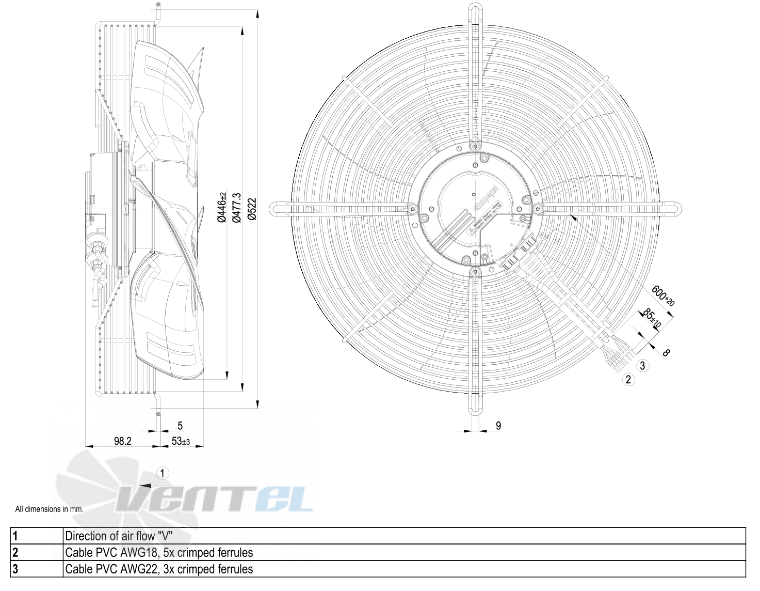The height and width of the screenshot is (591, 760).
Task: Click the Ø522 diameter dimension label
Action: click(252, 209)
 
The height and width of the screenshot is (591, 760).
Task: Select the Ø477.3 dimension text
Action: click(237, 208)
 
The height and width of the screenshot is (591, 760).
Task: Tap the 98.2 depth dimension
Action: click(123, 441)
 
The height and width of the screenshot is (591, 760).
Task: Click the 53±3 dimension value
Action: click(181, 441)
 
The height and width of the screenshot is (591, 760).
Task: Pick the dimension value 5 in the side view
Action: click(180, 426)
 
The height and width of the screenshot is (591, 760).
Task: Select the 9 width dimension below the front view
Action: click(498, 426)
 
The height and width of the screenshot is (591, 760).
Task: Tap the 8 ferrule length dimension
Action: click(666, 353)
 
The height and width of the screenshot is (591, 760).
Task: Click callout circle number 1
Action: click(163, 473)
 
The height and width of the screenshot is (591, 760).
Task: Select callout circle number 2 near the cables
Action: click(628, 380)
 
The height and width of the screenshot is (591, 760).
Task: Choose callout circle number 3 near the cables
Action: click(642, 366)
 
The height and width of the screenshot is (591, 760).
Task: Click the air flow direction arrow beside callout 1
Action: click(145, 485)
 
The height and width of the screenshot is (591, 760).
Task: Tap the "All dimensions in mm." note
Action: click(49, 509)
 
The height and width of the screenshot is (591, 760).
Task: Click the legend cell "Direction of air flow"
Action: click(119, 536)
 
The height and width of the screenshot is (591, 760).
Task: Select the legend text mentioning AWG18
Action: click(159, 552)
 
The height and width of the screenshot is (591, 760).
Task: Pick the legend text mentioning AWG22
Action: click(159, 569)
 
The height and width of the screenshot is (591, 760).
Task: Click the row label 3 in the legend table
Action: click(15, 569)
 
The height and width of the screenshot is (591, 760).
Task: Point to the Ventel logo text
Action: click(214, 499)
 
